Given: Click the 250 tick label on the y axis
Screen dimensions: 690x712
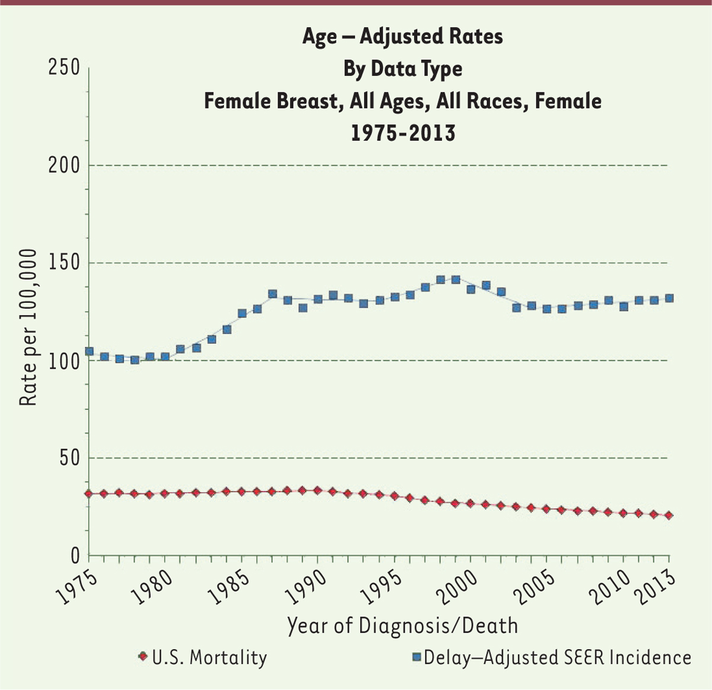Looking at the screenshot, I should [x=63, y=68].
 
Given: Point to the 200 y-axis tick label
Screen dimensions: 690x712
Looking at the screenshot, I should [x=63, y=165].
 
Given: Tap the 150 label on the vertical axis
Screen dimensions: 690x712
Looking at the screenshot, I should [x=63, y=263].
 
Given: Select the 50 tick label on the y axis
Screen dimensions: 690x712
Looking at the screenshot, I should [x=69, y=458].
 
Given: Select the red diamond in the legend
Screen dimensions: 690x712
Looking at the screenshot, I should [x=142, y=657].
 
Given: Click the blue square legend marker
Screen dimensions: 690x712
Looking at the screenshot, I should [x=416, y=657].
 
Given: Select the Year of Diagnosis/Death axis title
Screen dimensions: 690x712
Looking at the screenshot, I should [x=402, y=625].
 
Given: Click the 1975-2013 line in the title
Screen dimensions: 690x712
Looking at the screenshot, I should [x=402, y=132].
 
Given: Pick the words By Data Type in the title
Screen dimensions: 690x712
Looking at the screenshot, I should [x=402, y=69].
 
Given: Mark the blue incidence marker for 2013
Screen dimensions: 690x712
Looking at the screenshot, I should [x=669, y=298].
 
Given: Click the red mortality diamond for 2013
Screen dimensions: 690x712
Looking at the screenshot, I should [x=669, y=516].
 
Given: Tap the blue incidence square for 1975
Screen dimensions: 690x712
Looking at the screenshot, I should [x=89, y=352].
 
